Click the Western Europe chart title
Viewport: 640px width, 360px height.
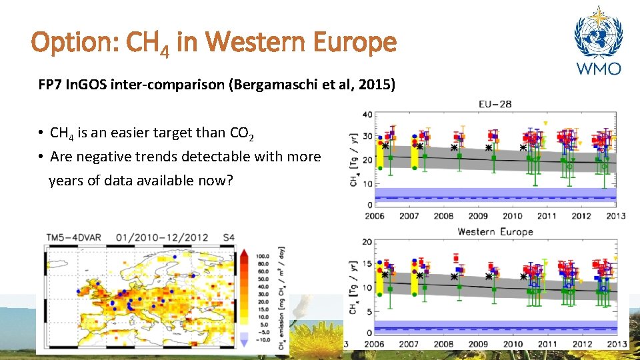click(495, 232)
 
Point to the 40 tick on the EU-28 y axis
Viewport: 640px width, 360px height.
click(367, 115)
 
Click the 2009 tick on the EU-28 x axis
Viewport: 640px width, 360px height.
click(477, 216)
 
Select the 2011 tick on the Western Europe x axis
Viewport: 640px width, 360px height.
click(547, 344)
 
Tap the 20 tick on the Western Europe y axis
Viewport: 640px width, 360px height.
click(367, 242)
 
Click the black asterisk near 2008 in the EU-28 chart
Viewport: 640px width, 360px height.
click(454, 147)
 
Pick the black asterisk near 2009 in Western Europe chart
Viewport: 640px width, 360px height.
click(489, 276)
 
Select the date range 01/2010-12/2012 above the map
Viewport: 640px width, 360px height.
click(161, 237)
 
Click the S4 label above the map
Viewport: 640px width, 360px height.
click(228, 237)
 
